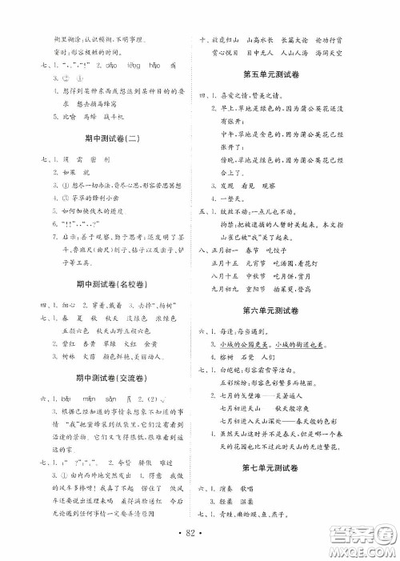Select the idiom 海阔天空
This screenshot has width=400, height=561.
pos(346,52)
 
